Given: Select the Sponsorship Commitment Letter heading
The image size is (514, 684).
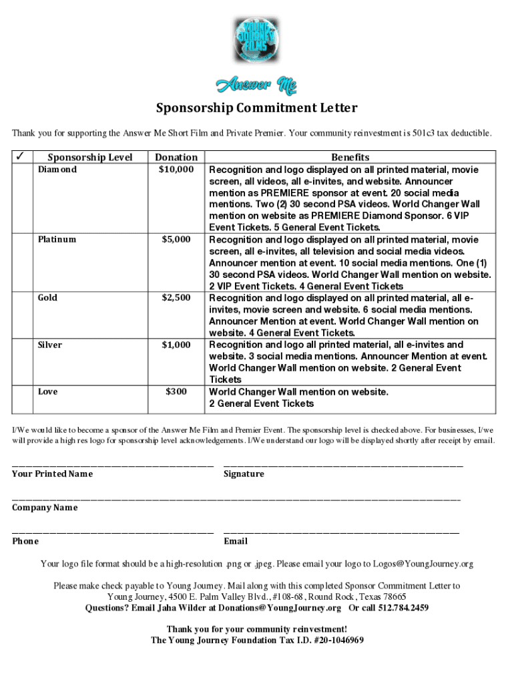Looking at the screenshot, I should [256, 108].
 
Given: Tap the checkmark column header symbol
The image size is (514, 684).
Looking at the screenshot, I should [20, 156].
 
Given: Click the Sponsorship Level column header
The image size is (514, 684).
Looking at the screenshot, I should [89, 157].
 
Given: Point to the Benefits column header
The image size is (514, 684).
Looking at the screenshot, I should [350, 157].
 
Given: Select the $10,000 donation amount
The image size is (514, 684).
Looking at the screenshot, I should [176, 169].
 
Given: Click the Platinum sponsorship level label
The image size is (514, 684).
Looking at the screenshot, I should [57, 239].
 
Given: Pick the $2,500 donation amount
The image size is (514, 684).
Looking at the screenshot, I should [176, 297].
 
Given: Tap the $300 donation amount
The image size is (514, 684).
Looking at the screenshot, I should [176, 391].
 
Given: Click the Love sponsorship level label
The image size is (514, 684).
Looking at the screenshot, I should [47, 391].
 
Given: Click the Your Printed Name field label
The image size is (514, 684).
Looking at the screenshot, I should [52, 474].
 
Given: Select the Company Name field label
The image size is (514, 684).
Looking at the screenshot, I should [45, 508].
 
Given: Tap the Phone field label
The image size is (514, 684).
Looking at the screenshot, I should [25, 541].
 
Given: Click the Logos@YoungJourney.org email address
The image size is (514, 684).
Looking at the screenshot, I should [423, 564].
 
